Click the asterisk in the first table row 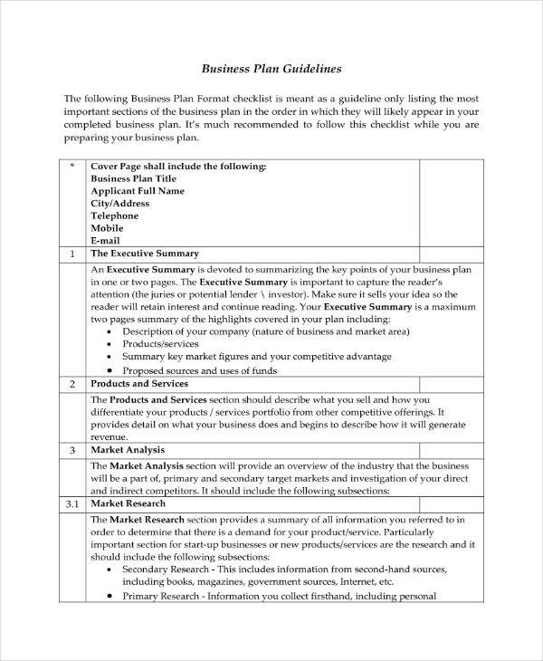tap(71, 167)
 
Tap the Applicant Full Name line tap(138, 191)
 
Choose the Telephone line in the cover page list tap(115, 216)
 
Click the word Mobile tap(108, 229)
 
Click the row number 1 tap(71, 254)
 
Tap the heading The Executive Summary tap(145, 254)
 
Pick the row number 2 tap(71, 384)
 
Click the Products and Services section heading tap(141, 384)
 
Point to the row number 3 tap(71, 449)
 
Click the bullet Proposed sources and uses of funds tap(201, 370)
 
